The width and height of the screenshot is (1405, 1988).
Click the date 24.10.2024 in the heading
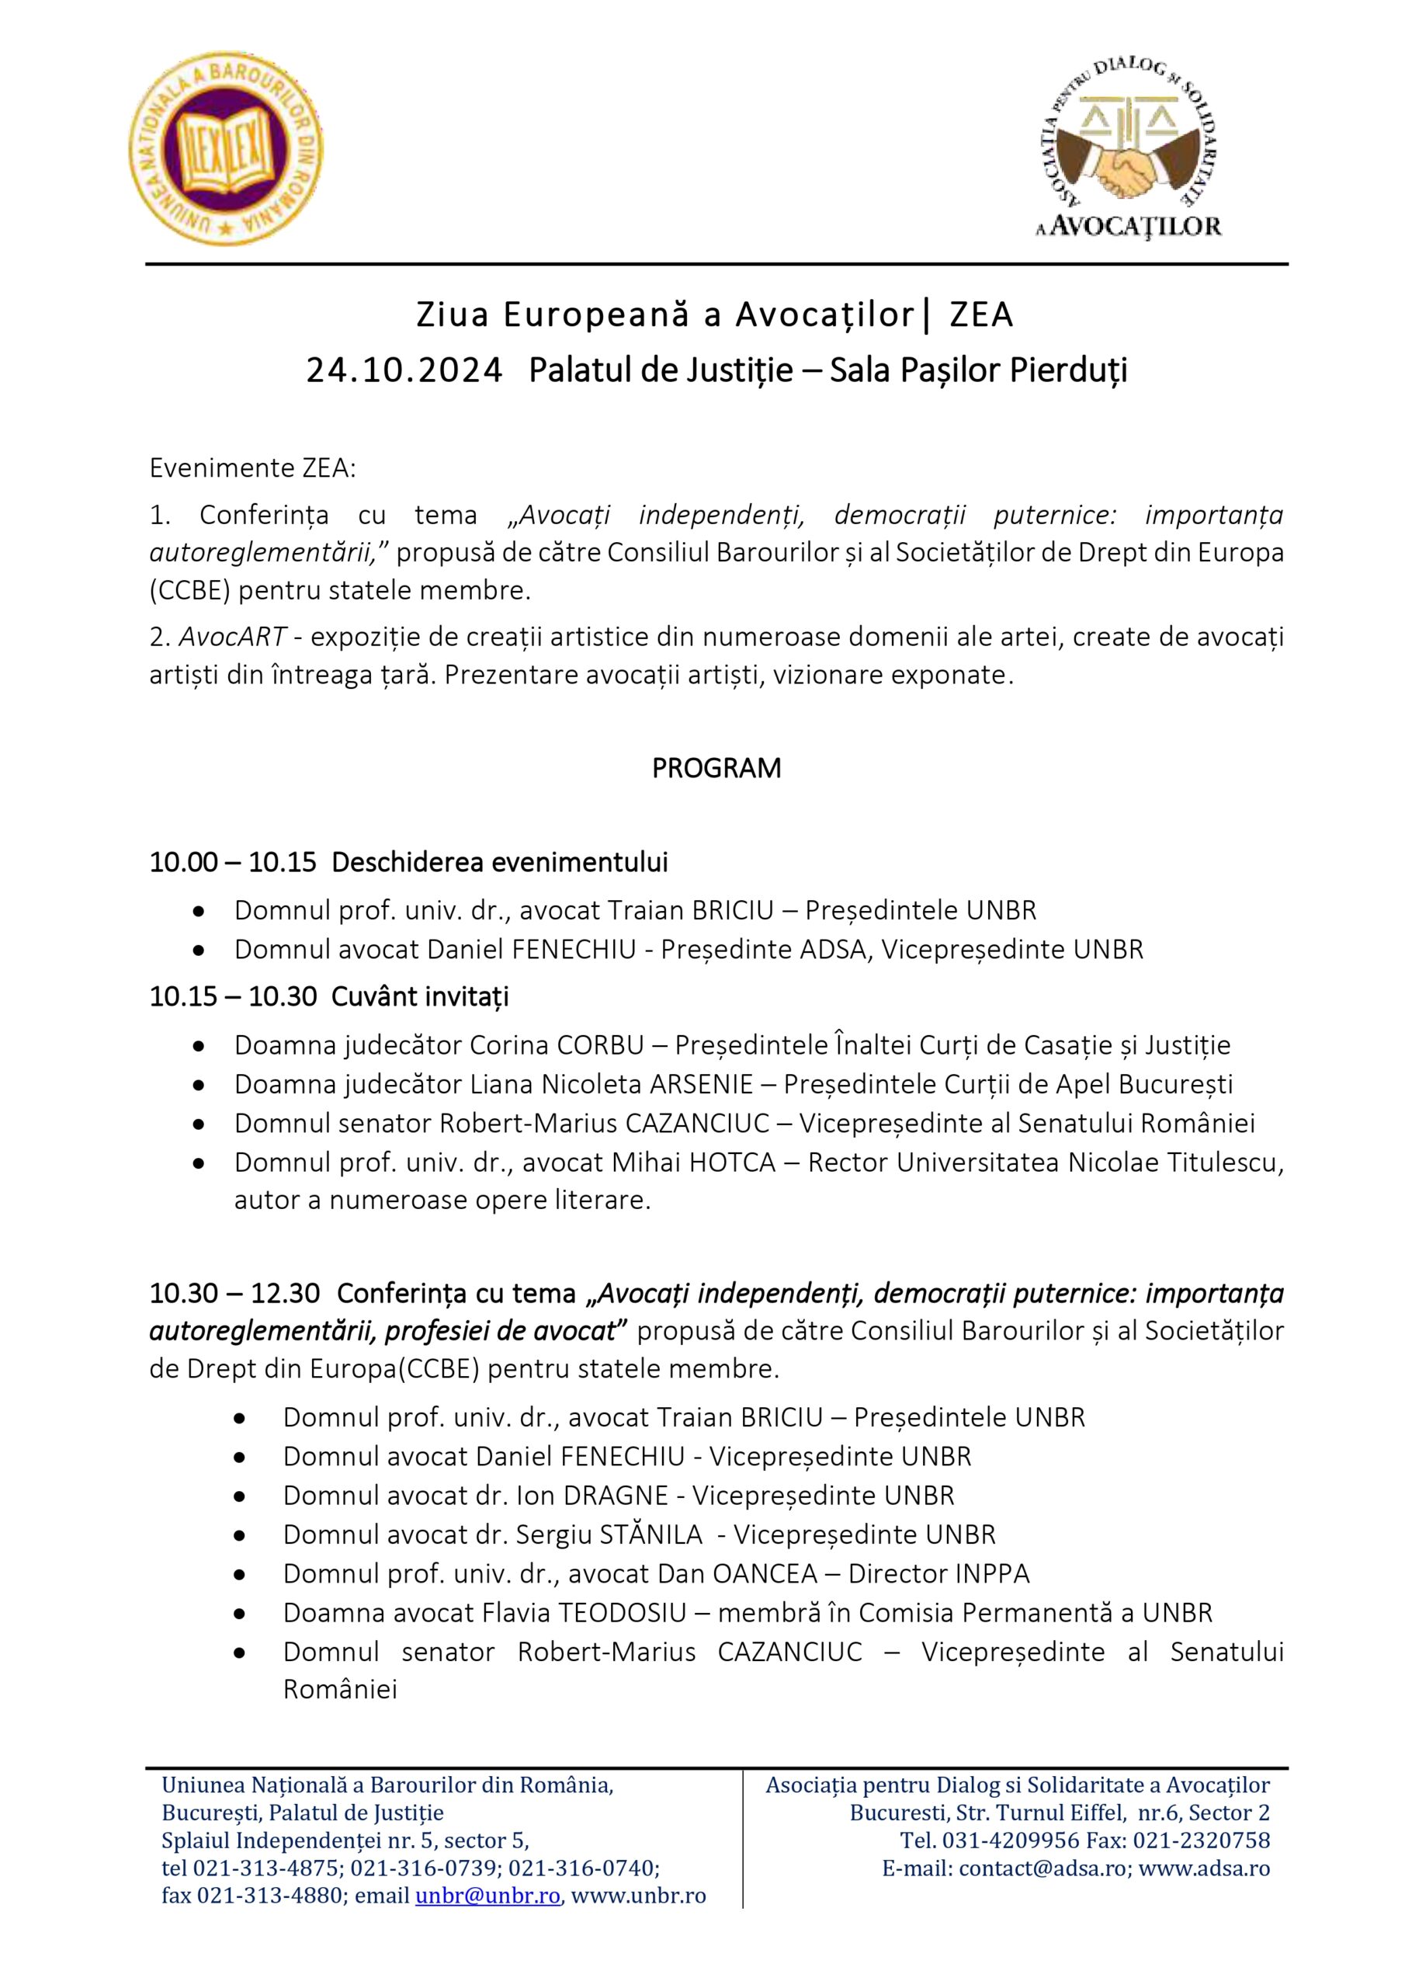404,370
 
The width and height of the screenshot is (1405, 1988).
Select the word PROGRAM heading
716,768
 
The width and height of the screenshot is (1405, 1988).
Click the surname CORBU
600,1045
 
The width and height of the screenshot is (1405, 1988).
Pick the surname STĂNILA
651,1534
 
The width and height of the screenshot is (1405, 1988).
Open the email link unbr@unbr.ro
487,1896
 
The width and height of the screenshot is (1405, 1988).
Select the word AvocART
233,638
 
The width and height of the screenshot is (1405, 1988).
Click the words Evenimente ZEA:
253,468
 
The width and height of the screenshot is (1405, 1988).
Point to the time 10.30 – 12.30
234,1294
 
